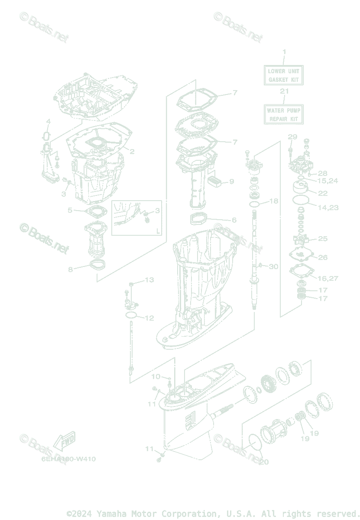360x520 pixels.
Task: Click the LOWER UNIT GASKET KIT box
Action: pos(284,75)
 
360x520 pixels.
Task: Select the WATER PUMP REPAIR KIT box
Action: pos(284,114)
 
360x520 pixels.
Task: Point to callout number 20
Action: pos(264,462)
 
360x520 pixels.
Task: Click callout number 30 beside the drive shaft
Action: pos(273,266)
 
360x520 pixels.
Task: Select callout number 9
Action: pos(231,181)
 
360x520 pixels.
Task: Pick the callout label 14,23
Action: pos(328,208)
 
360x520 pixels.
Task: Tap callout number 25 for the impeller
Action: pos(323,239)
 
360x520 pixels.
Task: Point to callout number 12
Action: pos(149,318)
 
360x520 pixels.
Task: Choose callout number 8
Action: pos(70,269)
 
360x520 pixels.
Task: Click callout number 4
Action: pos(49,121)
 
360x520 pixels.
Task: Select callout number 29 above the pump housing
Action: pos(292,137)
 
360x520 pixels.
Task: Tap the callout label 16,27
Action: pos(328,278)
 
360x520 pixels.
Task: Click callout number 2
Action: pos(132,152)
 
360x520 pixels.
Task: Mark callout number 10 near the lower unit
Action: pos(155,376)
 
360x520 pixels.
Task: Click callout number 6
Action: pos(234,220)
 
